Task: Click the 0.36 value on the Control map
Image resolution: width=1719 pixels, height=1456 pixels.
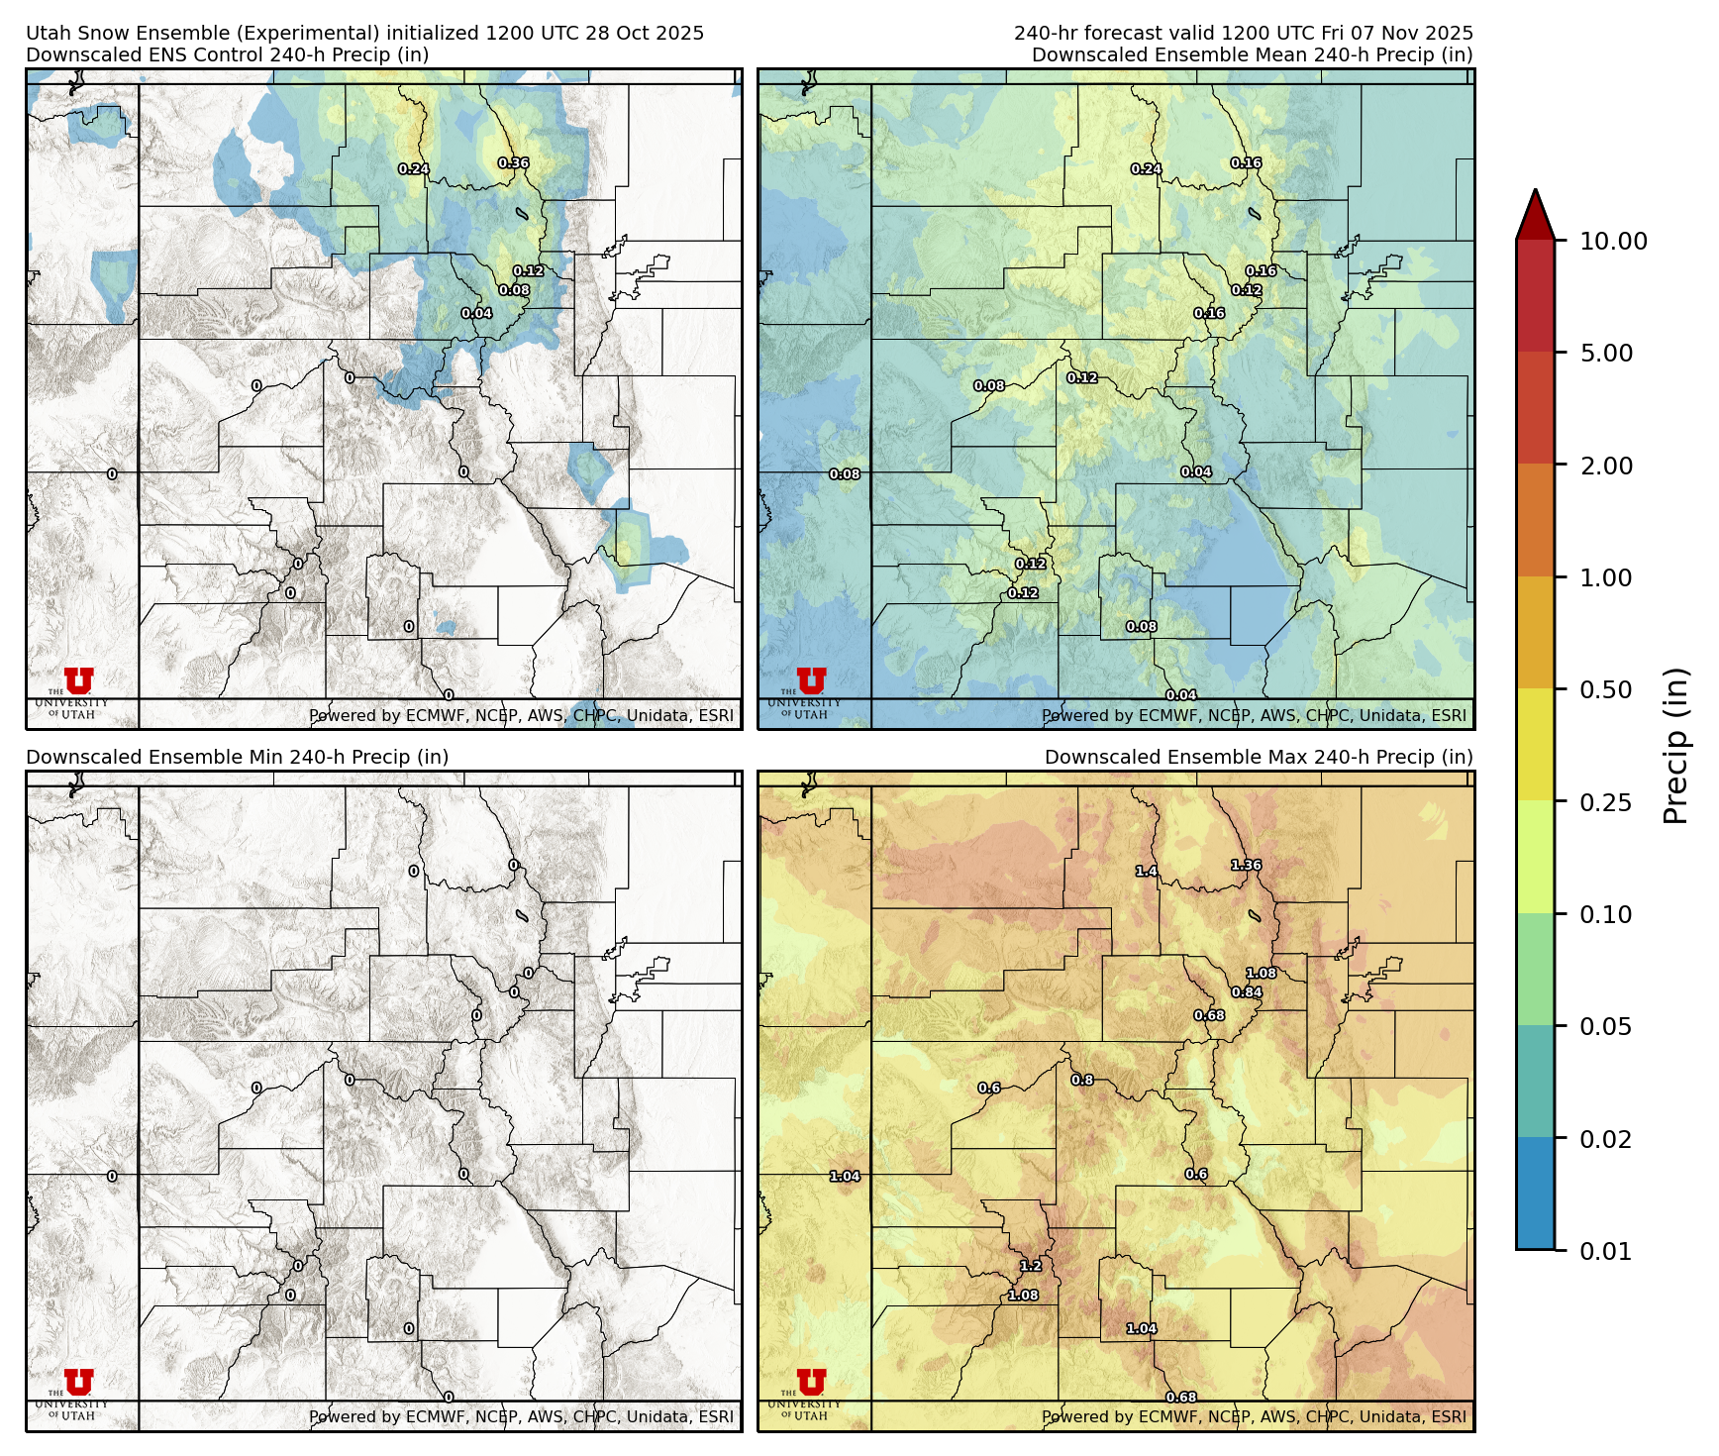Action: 513,163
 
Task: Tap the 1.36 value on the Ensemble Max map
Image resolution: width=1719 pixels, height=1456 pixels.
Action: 1246,866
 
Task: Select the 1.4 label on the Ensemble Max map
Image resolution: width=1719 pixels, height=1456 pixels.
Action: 1146,872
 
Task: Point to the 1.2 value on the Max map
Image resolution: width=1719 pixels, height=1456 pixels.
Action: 1031,1266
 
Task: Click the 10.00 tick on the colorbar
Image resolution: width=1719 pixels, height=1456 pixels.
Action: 1613,242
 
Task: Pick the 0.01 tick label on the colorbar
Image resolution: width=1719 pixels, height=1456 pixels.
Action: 1605,1252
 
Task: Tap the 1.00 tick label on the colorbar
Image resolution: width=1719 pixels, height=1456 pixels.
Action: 1605,578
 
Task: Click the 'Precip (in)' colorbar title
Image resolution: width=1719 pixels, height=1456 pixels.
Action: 1675,746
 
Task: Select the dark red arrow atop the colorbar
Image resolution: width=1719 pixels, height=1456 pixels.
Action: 1535,214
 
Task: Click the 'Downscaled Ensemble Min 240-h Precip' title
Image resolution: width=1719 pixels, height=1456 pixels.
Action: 237,757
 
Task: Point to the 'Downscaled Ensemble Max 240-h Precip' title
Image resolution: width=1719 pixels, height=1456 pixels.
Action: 1258,757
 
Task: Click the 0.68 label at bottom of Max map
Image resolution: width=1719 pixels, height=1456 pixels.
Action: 1180,1398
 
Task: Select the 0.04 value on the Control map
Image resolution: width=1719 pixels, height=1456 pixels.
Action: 476,314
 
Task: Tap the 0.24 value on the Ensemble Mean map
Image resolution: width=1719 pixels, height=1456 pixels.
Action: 1146,169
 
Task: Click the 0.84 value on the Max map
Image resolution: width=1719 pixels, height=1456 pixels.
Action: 1247,992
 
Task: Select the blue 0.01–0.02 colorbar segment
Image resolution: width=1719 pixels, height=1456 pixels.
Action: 1535,1194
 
